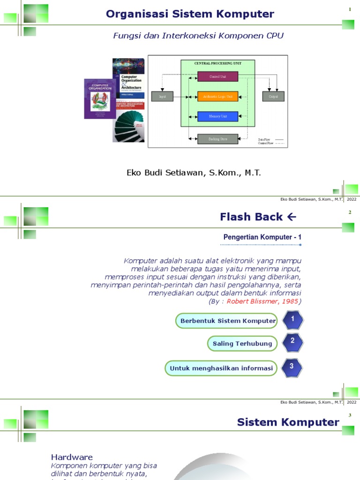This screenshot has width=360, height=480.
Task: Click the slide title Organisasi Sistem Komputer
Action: point(190,14)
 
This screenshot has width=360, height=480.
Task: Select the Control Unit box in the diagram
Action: point(217,76)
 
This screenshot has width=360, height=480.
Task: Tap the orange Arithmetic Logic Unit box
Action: point(217,97)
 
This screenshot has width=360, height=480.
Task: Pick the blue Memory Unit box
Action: point(217,116)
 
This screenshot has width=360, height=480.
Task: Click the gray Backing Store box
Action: point(217,139)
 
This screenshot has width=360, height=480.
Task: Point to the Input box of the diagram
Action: point(162,97)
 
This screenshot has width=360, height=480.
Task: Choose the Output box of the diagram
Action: point(273,97)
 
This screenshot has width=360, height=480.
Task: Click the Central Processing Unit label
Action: point(217,63)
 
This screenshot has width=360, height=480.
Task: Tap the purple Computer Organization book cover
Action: point(99,98)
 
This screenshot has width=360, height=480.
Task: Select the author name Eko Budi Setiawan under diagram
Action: point(194,172)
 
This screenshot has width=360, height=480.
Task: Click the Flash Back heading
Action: point(258,217)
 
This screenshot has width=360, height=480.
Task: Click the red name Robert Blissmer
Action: point(262,301)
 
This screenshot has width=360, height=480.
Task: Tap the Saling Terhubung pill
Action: point(242,344)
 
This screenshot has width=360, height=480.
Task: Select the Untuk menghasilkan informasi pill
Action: point(221,368)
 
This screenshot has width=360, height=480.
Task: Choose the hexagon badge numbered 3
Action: point(292,367)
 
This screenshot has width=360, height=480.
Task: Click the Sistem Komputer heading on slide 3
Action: point(288,422)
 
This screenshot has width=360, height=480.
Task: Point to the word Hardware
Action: point(72,457)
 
